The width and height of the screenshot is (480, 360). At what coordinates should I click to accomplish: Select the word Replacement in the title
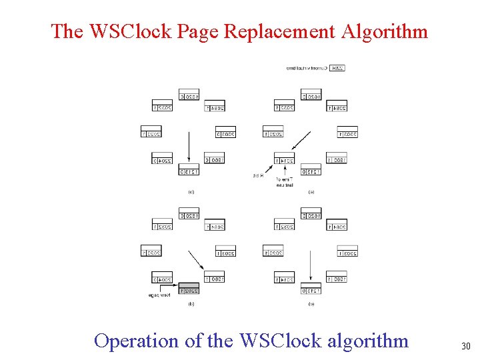pos(280,31)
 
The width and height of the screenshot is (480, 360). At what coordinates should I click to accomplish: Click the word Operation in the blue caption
pos(137,341)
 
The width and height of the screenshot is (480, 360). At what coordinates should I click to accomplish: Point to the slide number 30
pos(466,346)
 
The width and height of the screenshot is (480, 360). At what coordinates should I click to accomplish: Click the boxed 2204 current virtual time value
pos(337,67)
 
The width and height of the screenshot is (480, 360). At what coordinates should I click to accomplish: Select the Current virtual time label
pos(307,67)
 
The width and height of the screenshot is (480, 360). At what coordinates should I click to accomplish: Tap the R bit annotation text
pos(259,175)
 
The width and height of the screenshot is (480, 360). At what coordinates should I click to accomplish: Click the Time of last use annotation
pos(285,182)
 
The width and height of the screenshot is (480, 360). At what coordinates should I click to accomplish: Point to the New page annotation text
pos(162,295)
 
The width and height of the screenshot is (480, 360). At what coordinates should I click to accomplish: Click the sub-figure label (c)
pos(191,193)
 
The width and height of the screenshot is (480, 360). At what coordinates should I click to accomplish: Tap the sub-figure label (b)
pos(191,304)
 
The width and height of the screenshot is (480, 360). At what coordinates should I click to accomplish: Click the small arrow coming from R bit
pos(269,169)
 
